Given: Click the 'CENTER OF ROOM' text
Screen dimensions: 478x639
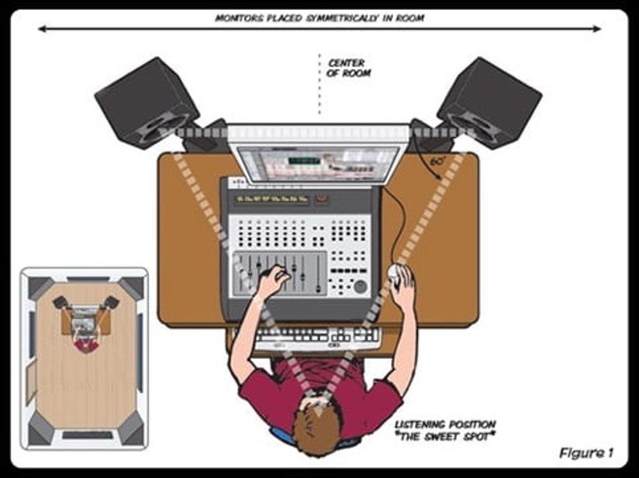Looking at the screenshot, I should (349, 68).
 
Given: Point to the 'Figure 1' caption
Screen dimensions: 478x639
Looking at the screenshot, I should (585, 452).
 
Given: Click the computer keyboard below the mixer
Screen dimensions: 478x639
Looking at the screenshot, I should (318, 337).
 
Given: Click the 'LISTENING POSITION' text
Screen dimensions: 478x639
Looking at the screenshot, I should (445, 424).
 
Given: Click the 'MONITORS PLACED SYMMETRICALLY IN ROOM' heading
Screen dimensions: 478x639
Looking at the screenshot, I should (319, 17).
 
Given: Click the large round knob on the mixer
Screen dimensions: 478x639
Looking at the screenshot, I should (360, 286).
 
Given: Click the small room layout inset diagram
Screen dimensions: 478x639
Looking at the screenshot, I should (84, 358).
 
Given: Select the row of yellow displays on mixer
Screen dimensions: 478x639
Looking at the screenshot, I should (272, 199).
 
